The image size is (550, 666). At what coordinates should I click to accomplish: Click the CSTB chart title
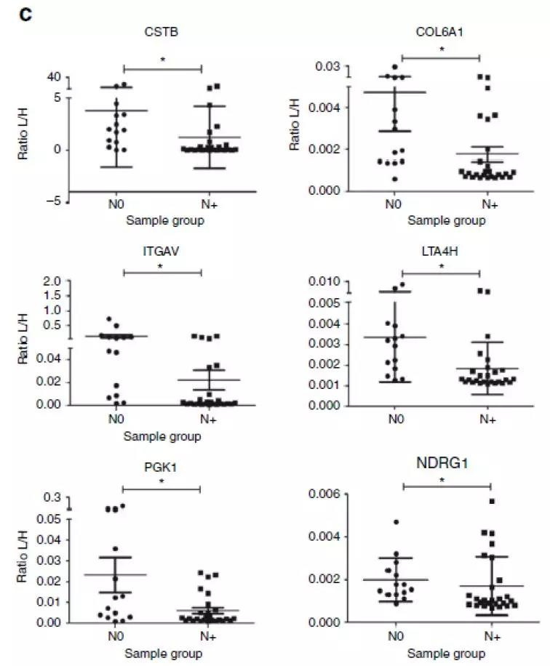162,31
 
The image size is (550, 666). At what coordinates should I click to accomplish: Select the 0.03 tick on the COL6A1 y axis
329,67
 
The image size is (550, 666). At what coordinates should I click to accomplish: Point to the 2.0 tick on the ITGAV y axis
52,281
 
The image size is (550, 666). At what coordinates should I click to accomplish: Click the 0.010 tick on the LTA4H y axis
324,281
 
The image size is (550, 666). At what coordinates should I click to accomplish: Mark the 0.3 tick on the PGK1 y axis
52,498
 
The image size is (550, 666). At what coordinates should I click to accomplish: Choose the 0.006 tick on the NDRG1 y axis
324,494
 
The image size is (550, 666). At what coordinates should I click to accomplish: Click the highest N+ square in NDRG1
492,502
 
